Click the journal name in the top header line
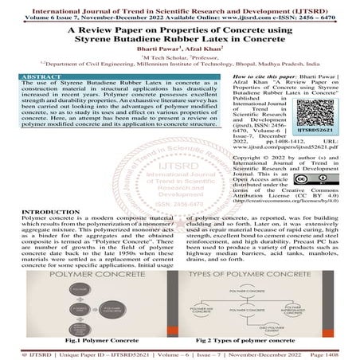pos(179,6)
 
